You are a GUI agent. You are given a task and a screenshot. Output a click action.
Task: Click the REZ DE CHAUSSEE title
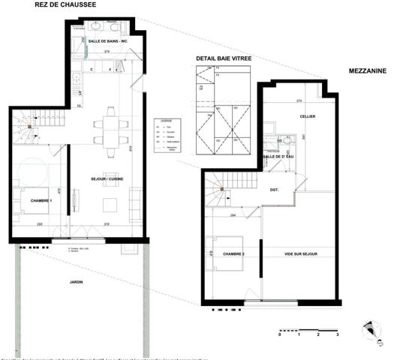pos(66,5)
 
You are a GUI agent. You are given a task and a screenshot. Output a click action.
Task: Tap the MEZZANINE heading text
pos(367,71)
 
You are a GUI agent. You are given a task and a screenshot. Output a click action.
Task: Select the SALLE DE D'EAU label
pos(279,156)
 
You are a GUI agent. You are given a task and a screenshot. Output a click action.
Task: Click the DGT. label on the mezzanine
pos(275,190)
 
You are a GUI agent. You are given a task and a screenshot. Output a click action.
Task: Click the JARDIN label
pos(74,282)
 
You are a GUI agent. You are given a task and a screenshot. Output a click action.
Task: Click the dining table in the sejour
pos(110,127)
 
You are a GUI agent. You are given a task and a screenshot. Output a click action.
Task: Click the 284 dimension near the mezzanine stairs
pos(233,215)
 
